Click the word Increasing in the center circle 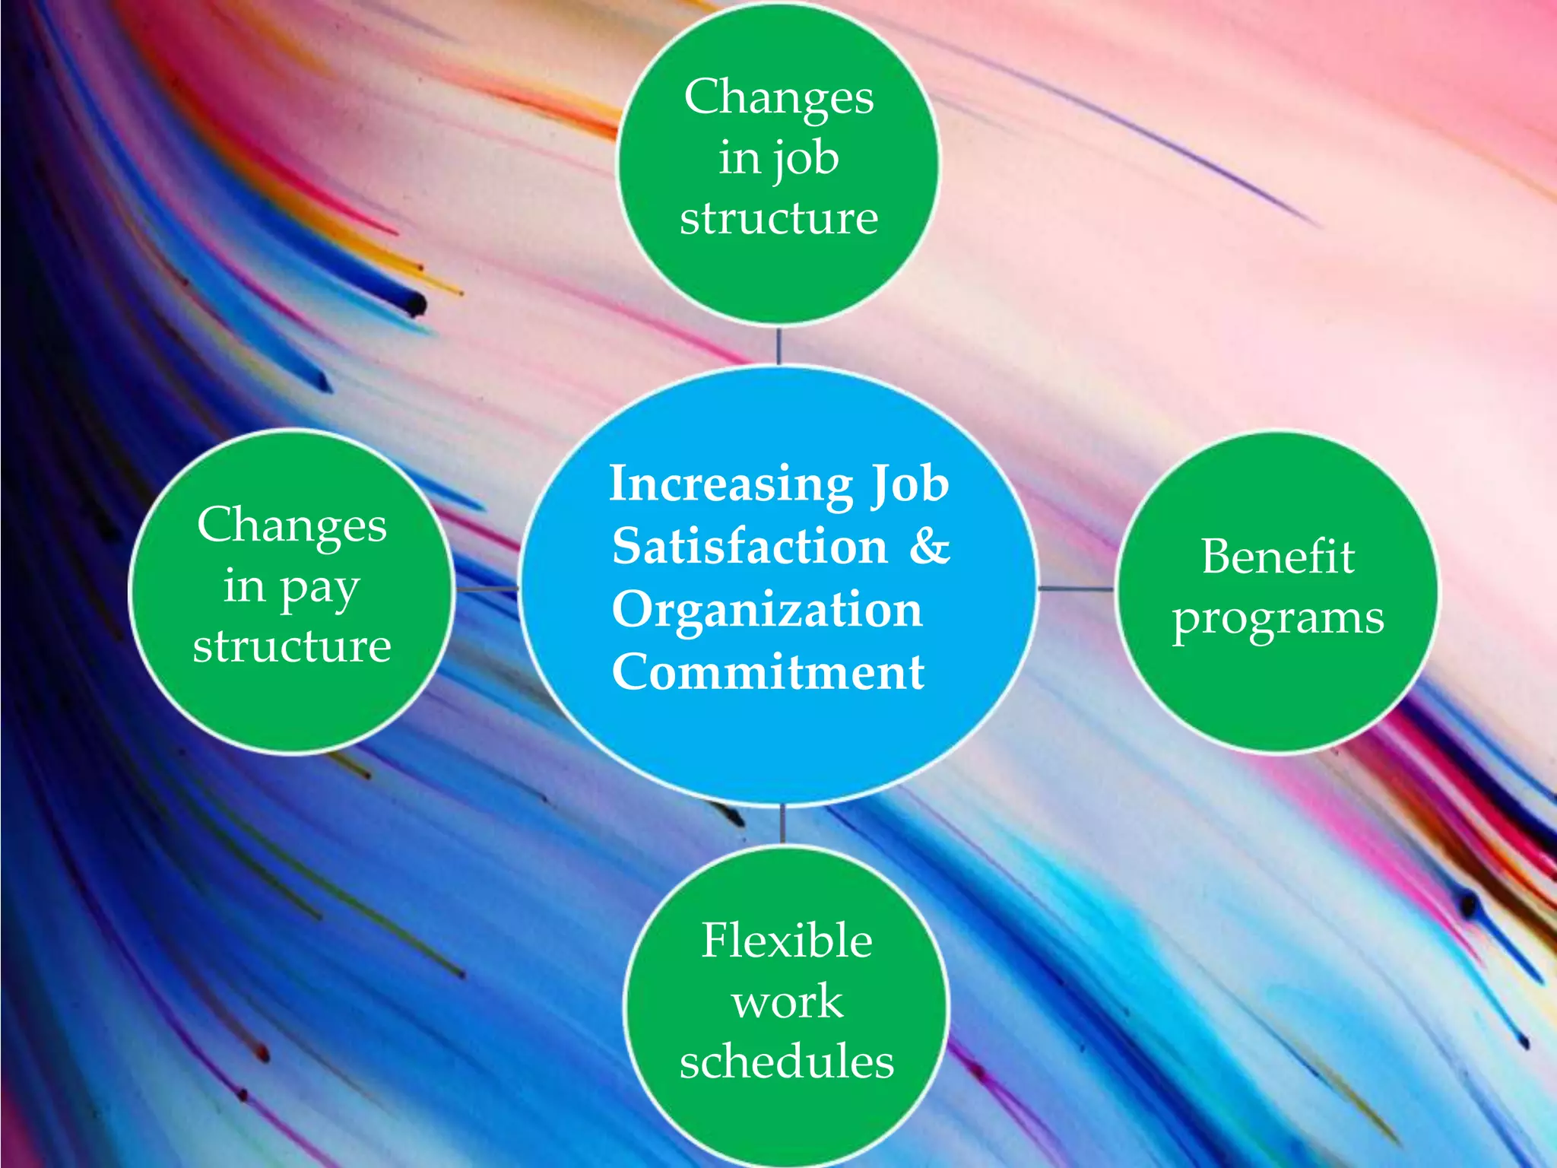pos(731,485)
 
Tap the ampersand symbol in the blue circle pos(929,546)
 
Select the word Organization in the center pos(767,610)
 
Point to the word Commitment pos(768,672)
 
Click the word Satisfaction pos(750,546)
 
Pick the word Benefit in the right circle pos(1277,557)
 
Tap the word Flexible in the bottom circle pos(786,941)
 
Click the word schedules pos(786,1062)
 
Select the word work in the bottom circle pos(787,1001)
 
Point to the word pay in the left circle pos(319,589)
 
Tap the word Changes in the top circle pos(778,97)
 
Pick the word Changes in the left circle pos(292,525)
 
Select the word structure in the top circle pos(778,219)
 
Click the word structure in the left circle pos(292,647)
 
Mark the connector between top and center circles pos(778,346)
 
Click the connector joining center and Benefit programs pos(1075,589)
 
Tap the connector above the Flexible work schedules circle pos(782,824)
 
